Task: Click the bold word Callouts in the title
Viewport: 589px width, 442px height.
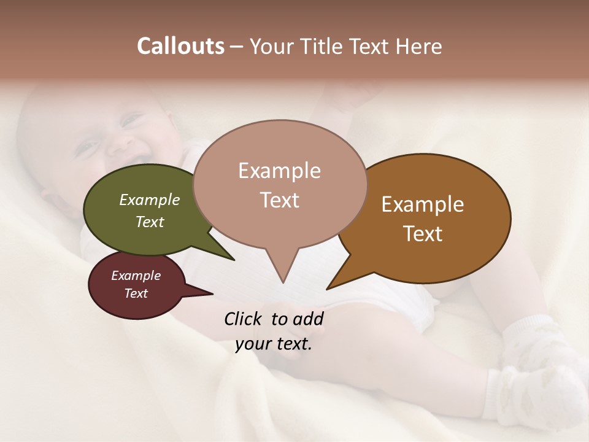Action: click(x=180, y=46)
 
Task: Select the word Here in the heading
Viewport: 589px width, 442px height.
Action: click(x=418, y=47)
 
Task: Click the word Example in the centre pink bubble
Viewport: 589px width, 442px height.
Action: click(x=279, y=171)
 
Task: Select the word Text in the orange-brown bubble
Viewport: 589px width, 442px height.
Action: click(x=423, y=234)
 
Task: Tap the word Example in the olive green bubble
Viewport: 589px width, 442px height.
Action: click(x=149, y=200)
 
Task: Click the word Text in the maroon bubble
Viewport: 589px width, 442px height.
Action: click(x=136, y=293)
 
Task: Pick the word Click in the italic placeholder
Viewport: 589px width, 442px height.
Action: click(x=244, y=319)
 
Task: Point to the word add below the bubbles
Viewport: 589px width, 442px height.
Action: click(x=308, y=319)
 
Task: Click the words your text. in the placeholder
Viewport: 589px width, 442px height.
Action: click(x=274, y=344)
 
